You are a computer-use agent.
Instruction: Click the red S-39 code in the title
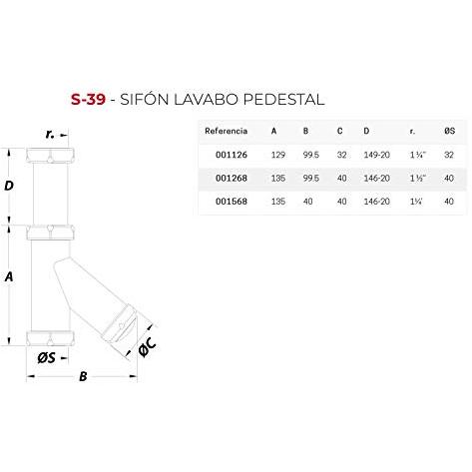click(x=88, y=99)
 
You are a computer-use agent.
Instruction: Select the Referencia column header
click(x=226, y=131)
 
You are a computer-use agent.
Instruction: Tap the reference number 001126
click(x=232, y=155)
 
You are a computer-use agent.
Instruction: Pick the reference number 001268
click(x=232, y=178)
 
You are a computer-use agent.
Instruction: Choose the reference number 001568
click(x=232, y=202)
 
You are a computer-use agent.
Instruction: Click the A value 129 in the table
click(x=278, y=155)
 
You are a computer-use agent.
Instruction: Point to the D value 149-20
click(x=376, y=155)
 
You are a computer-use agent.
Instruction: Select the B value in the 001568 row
click(x=307, y=202)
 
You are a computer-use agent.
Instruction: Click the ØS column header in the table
click(x=449, y=131)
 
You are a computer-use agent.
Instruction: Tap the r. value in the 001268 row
click(x=418, y=178)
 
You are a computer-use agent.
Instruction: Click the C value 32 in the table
click(x=341, y=155)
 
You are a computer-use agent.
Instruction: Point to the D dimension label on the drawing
click(x=9, y=186)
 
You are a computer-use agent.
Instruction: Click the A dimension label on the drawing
click(x=9, y=276)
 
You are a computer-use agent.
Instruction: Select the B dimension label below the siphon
click(x=83, y=376)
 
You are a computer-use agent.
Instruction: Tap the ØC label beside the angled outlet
click(x=147, y=346)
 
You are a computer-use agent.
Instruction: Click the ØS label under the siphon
click(x=46, y=358)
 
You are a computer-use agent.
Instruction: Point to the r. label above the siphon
click(x=50, y=134)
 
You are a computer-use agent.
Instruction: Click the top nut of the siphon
click(x=50, y=156)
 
